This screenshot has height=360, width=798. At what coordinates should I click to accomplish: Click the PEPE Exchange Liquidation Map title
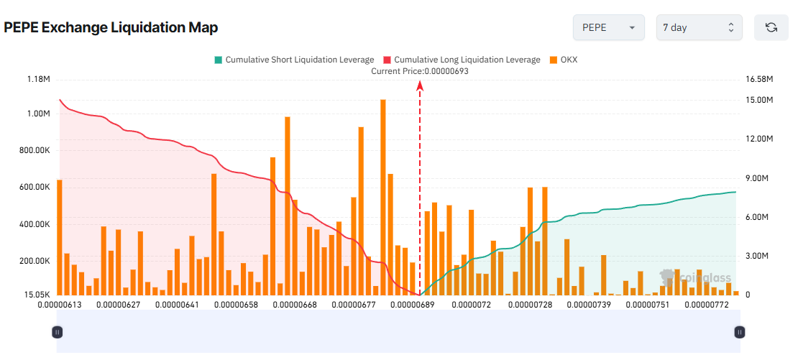[x=111, y=28]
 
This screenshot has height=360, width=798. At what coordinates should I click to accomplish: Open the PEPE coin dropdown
[x=607, y=27]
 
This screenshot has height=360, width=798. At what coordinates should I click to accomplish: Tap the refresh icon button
[x=771, y=27]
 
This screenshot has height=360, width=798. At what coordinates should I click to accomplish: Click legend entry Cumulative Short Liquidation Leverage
[x=294, y=60]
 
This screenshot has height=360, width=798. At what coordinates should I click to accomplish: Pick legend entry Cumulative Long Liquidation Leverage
[x=462, y=60]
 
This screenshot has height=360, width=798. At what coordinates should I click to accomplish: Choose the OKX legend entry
[x=564, y=60]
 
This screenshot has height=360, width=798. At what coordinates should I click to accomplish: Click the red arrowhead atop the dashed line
[x=420, y=86]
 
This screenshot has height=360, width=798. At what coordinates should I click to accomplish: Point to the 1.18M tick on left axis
[x=37, y=79]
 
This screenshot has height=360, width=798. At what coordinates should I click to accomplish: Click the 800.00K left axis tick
[x=34, y=150]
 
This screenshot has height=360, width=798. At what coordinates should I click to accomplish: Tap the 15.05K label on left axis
[x=36, y=295]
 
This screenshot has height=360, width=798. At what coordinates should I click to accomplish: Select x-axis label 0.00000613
[x=60, y=305]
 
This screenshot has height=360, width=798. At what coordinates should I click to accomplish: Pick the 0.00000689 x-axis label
[x=413, y=305]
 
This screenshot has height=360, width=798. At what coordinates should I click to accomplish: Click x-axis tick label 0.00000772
[x=707, y=305]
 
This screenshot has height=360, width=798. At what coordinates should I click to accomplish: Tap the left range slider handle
[x=58, y=332]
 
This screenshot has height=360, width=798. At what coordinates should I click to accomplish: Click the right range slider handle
[x=740, y=332]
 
